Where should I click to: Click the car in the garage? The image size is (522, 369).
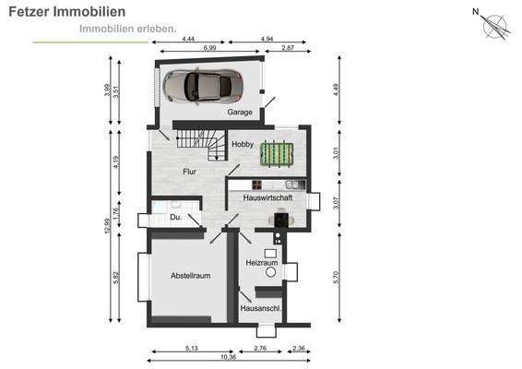[x=203, y=86]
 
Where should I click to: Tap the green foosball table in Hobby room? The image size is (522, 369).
[x=277, y=154]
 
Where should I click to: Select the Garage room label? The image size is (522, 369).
[x=240, y=113]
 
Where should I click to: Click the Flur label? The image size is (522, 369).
[x=189, y=172]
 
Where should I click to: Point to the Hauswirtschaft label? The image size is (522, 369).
[x=267, y=197]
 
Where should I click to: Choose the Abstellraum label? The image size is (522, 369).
[x=190, y=276]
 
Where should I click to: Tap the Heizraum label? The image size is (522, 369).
[x=262, y=263]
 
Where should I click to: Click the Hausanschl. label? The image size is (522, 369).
[x=261, y=308]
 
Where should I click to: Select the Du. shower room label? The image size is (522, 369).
[x=176, y=217]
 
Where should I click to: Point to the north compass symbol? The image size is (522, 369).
[x=492, y=24]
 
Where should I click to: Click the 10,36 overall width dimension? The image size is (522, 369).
[x=229, y=357]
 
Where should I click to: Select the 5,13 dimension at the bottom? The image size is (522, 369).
[x=192, y=349]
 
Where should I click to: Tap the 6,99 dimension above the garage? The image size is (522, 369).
[x=209, y=48]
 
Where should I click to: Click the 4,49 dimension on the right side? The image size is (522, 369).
[x=336, y=89]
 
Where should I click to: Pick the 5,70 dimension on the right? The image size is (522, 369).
[x=336, y=278]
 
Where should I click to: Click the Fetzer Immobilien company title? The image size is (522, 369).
[x=67, y=12]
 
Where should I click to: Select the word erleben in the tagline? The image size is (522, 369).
[x=156, y=29]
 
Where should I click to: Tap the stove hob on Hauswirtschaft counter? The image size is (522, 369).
[x=256, y=184]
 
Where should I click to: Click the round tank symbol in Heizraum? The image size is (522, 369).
[x=270, y=272]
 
